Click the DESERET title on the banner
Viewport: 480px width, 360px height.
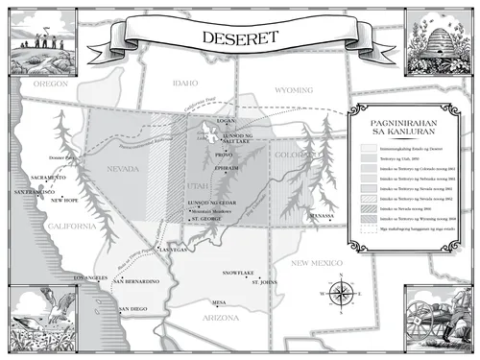point(240,39)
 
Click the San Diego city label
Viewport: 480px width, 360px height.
point(132,308)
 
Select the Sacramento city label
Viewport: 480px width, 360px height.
point(46,178)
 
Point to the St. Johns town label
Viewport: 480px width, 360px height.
point(263,282)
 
